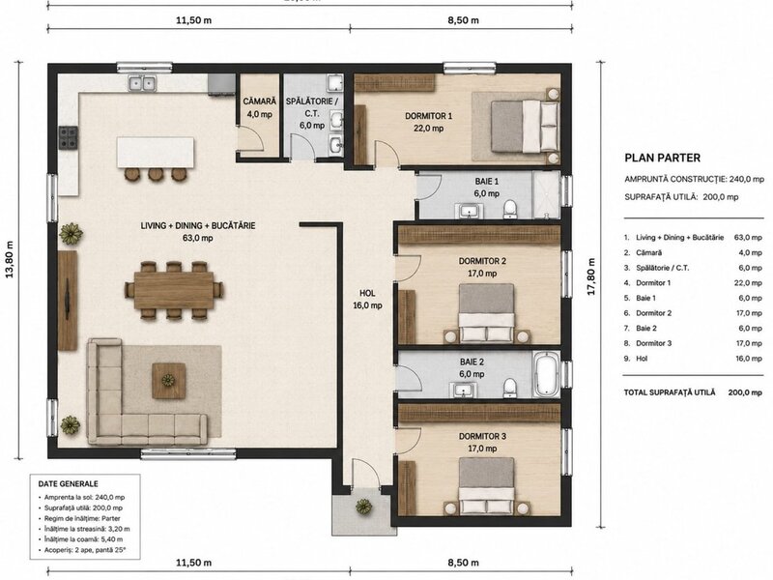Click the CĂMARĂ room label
pyautogui.click(x=259, y=101)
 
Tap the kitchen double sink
pyautogui.click(x=142, y=83)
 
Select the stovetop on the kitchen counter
pyautogui.click(x=69, y=137)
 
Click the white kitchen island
pyautogui.click(x=156, y=153)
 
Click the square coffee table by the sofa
pyautogui.click(x=168, y=380)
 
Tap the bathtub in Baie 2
pyautogui.click(x=546, y=375)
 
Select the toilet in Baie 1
pyautogui.click(x=510, y=209)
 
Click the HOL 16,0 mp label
pyautogui.click(x=367, y=300)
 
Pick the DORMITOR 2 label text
pyautogui.click(x=482, y=261)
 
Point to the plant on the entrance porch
pyautogui.click(x=364, y=506)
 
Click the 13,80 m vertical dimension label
pyautogui.click(x=10, y=260)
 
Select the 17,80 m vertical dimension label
pyautogui.click(x=591, y=276)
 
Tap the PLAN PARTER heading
pyautogui.click(x=662, y=158)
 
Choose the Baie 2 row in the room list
pyautogui.click(x=693, y=328)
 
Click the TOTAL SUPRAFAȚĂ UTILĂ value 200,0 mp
pyautogui.click(x=745, y=392)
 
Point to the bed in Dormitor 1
pyautogui.click(x=525, y=126)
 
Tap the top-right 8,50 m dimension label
pyautogui.click(x=463, y=20)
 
